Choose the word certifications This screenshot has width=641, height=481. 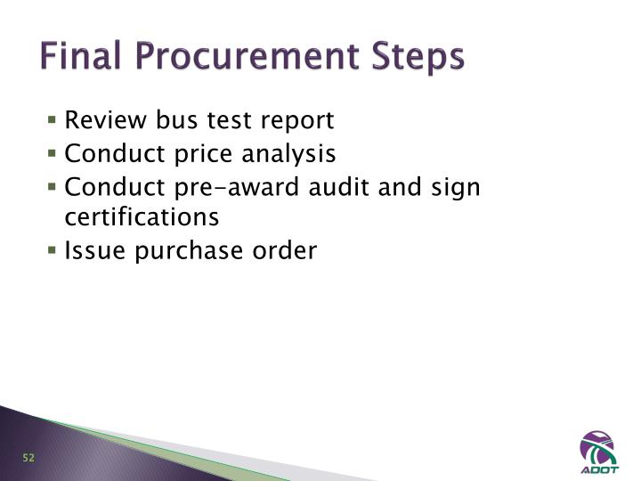[x=142, y=216]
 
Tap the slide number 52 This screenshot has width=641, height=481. [x=28, y=458]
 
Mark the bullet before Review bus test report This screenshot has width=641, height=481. [x=54, y=119]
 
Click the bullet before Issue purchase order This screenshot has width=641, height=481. [x=54, y=249]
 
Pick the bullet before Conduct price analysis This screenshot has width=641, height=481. [x=54, y=153]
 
